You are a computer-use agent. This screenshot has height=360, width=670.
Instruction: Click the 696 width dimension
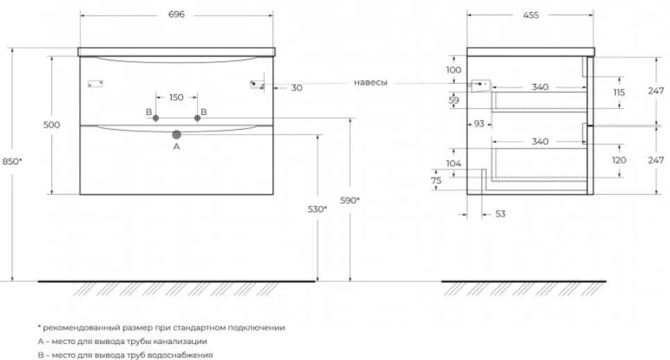(176, 15)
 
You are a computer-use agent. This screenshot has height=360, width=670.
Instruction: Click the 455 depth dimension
(531, 15)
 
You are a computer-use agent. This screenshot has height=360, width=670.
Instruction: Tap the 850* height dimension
(12, 161)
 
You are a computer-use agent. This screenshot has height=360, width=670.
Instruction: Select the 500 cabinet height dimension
(52, 125)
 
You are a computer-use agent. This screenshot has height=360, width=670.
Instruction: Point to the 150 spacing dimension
(176, 98)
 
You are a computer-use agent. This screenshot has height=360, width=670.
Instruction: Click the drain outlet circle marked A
(176, 135)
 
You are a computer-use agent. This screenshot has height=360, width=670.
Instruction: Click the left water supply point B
(155, 118)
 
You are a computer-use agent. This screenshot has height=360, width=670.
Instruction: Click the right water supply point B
(197, 118)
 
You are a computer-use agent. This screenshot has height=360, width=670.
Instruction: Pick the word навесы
(370, 83)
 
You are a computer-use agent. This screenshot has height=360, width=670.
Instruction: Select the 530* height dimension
(318, 209)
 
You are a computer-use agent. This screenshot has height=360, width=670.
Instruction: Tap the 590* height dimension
(350, 200)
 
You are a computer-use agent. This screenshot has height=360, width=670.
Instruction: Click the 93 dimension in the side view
(479, 123)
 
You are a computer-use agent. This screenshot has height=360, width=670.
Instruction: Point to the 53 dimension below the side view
(500, 214)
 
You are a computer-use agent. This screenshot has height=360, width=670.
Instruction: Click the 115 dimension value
(619, 92)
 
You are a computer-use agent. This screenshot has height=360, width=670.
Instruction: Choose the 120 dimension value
(619, 160)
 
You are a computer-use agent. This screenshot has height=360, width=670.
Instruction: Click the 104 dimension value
(454, 163)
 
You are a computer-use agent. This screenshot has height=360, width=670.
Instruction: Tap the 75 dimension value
(436, 180)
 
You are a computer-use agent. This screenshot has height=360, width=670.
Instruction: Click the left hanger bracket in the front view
(95, 84)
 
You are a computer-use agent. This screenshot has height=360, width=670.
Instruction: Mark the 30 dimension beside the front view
(297, 88)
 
